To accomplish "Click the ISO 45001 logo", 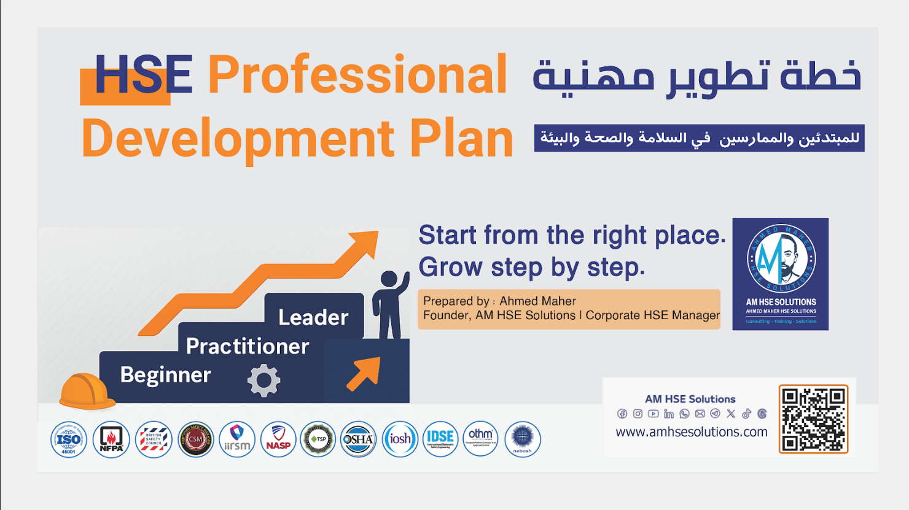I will (68, 439).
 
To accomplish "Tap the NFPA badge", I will (111, 439).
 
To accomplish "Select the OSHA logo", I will (358, 439).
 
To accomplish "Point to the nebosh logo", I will (522, 439).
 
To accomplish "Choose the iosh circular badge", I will (400, 439).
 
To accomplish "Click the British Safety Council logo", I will (154, 439).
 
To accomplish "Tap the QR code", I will (813, 419).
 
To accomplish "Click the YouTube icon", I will (653, 414).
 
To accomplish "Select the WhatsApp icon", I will (684, 414).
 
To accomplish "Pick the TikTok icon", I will (746, 414).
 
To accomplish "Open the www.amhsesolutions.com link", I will (692, 432).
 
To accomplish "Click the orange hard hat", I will (87, 391).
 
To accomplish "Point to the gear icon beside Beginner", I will (263, 381).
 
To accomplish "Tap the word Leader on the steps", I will (313, 317).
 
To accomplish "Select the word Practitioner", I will (247, 347).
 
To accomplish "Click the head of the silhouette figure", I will (389, 279).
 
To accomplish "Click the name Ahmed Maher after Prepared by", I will (537, 301).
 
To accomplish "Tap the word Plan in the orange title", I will (461, 139).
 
